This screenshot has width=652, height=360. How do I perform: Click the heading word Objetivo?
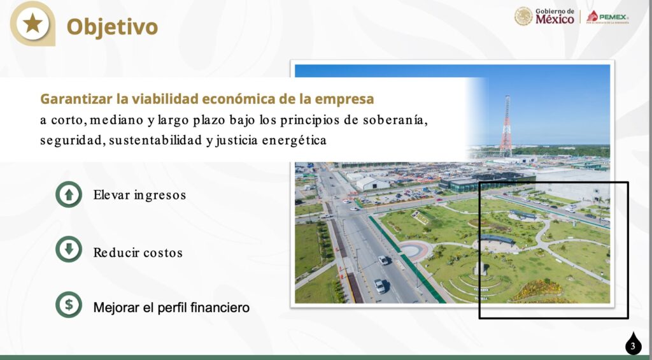(x=112, y=27)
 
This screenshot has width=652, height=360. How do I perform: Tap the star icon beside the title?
(x=32, y=24)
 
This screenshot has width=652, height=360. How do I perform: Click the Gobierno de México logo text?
(x=555, y=16)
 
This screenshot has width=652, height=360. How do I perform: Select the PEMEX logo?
(x=607, y=17)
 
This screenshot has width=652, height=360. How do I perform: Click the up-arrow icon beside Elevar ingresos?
(x=69, y=194)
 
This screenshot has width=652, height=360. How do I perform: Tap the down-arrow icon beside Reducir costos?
(x=69, y=249)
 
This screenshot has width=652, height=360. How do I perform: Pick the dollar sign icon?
(x=69, y=305)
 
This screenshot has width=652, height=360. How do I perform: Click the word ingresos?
(x=160, y=195)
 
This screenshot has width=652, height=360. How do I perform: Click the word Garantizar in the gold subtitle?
(x=76, y=99)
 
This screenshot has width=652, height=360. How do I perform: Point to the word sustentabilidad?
(x=155, y=141)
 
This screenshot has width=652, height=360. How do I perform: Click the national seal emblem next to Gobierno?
(x=523, y=16)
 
